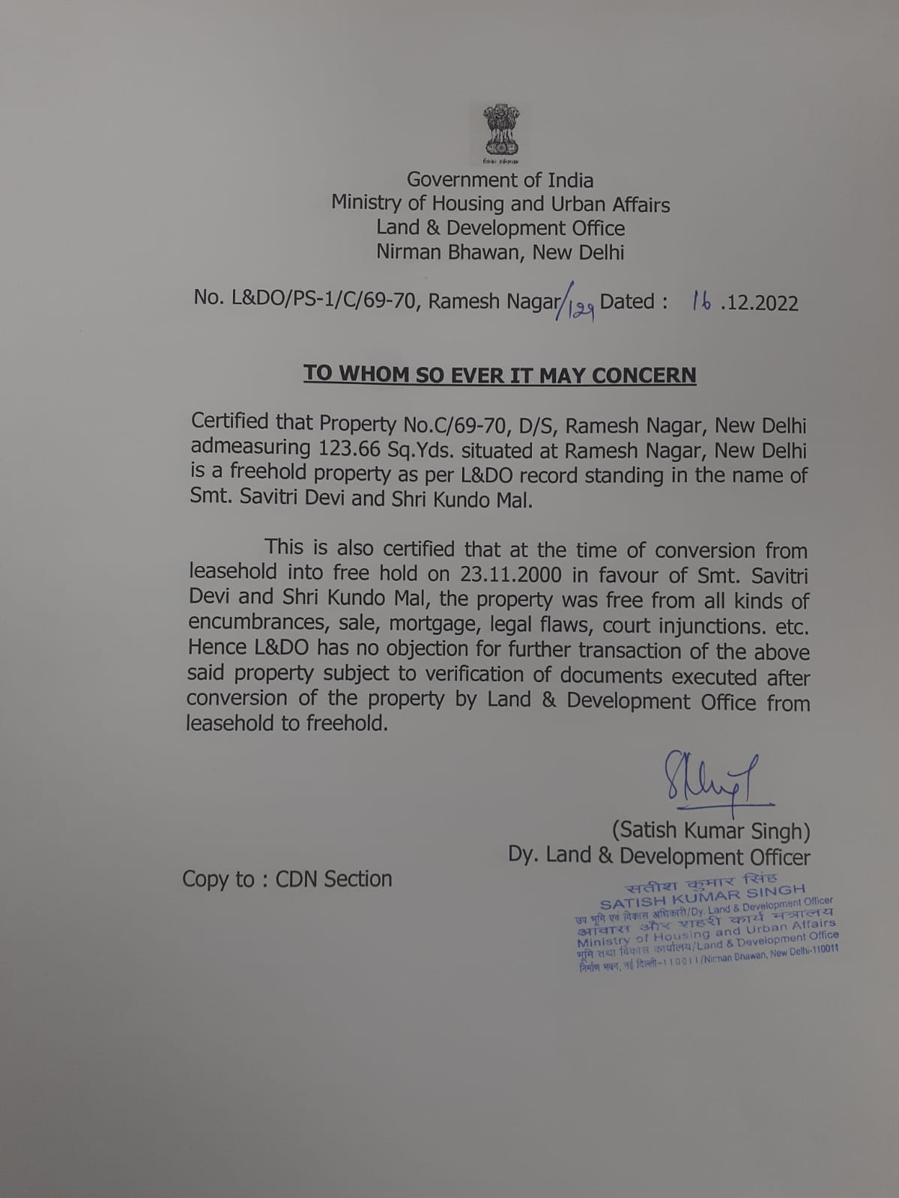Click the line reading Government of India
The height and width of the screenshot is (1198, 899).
(500, 180)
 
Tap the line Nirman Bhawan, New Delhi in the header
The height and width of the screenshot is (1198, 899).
(500, 252)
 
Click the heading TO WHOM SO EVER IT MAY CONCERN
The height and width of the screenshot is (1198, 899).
(500, 374)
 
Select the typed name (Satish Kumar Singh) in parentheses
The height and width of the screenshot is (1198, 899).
(710, 830)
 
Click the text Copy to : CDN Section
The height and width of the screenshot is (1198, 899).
(287, 878)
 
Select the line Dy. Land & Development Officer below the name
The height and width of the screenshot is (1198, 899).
(659, 856)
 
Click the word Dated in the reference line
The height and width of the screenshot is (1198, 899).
(628, 301)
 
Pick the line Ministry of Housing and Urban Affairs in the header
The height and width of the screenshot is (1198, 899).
(500, 204)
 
